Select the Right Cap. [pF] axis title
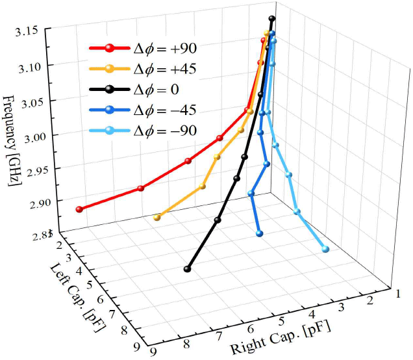[x=281, y=338]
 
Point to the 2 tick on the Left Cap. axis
[x=59, y=244]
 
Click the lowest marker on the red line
[x=80, y=209]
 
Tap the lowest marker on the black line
[x=188, y=268]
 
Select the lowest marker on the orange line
[x=156, y=218]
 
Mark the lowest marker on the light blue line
[x=325, y=249]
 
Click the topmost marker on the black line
[x=272, y=19]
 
